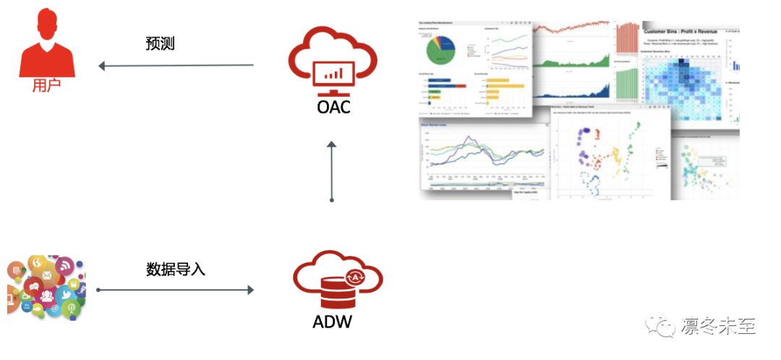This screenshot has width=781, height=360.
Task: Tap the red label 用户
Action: pos(46,86)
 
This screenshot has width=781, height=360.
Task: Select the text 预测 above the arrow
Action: pos(160,43)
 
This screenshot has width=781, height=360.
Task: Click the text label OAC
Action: pos(332,109)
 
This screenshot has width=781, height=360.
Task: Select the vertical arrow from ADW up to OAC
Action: pos(332,171)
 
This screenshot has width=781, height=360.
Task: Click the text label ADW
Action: pos(333,322)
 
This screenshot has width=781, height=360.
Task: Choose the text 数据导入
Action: pos(176,270)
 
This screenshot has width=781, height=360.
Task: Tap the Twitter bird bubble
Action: pos(63,294)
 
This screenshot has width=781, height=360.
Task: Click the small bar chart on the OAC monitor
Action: pos(333,73)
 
